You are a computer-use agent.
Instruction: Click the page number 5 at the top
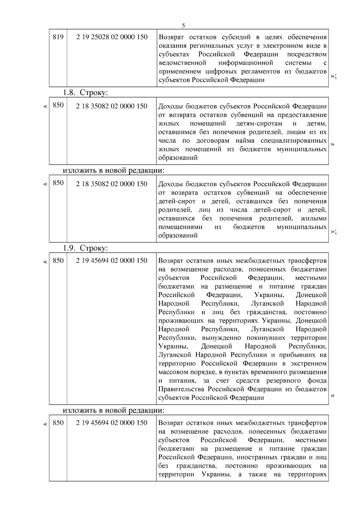point(183,25)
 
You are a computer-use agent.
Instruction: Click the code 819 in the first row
point(58,37)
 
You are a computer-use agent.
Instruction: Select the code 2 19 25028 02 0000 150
point(112,37)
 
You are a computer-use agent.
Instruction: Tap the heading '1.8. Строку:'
point(85,93)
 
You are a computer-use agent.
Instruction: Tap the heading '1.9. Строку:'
point(85,248)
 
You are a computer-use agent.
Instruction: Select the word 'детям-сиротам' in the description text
point(259,124)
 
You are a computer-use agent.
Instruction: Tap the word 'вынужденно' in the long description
point(221,338)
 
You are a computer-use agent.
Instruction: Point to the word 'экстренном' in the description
point(308,364)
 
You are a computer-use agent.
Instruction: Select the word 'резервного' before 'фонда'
point(283,381)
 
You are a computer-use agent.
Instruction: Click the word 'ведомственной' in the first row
point(182,63)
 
